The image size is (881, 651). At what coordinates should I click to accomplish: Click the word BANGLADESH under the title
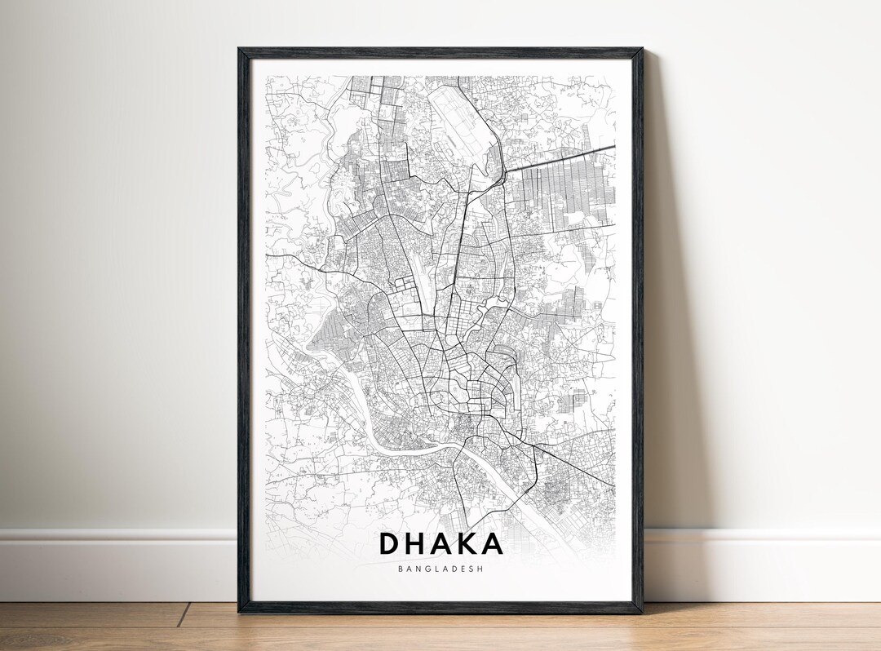tap(440, 569)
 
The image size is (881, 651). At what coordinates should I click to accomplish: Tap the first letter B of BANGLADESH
tap(401, 569)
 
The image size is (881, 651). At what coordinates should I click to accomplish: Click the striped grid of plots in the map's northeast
tap(563, 196)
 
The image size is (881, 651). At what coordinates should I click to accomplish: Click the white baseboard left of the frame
tap(114, 563)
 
